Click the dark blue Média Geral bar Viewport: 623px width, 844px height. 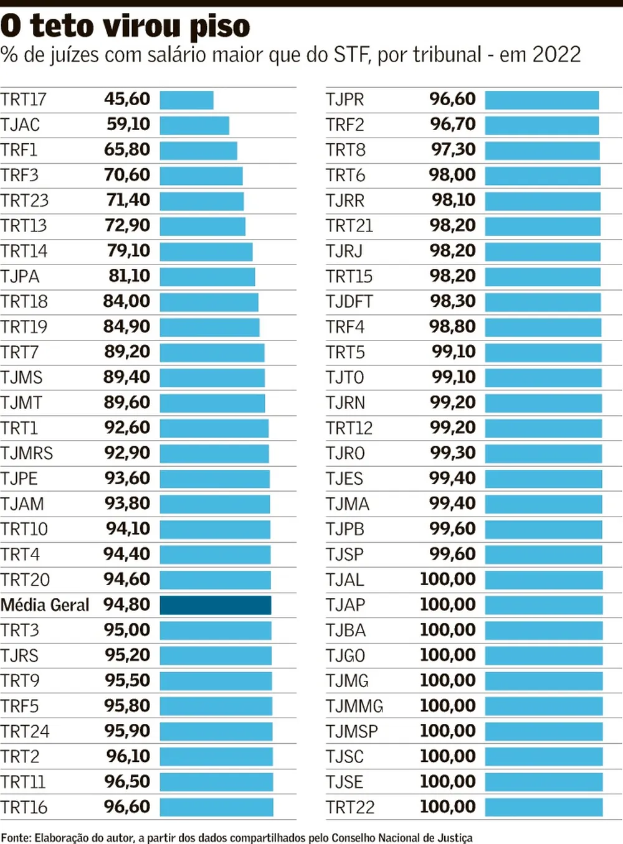point(216,605)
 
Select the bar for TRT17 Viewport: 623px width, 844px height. point(186,100)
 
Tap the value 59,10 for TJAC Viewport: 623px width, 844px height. point(128,124)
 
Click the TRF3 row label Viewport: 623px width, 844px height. point(19,176)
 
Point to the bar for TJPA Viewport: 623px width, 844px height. point(207,276)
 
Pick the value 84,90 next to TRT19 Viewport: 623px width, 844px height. point(127,327)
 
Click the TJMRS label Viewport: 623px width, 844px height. point(27,453)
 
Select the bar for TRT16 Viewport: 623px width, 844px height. point(216,807)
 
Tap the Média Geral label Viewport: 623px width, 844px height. point(45,605)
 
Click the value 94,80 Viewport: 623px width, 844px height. point(127,605)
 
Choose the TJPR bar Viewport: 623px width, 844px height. point(541,100)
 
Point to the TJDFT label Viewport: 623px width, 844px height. point(349,302)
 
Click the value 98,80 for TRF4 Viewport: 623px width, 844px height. point(452,327)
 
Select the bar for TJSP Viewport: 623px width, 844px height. point(543,555)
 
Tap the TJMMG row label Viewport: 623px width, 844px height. point(354,706)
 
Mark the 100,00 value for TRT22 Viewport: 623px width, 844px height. point(448,807)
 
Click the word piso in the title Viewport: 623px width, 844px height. point(219,27)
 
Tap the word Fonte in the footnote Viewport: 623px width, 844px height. point(15,838)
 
